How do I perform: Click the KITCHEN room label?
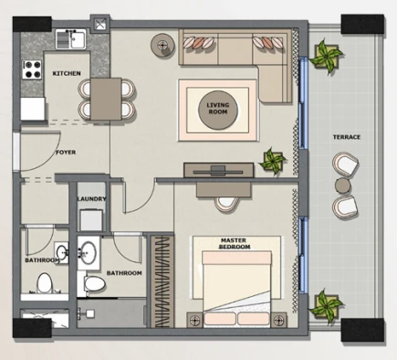tap(67, 73)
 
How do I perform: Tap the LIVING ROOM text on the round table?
tap(218, 109)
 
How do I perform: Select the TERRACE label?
tap(347, 137)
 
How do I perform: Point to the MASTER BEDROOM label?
tap(235, 244)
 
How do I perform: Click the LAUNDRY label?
tap(91, 199)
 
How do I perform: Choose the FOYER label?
tap(66, 153)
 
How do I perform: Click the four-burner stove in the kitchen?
tap(32, 69)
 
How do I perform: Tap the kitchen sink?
tap(71, 39)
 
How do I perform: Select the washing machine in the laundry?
tap(91, 220)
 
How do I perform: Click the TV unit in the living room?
tap(218, 170)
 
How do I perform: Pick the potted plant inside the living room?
tap(273, 161)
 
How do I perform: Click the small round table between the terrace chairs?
tap(343, 185)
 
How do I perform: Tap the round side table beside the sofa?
tap(163, 45)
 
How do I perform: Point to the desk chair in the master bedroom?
tap(225, 204)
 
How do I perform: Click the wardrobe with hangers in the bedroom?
tap(162, 281)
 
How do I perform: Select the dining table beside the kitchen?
tap(106, 99)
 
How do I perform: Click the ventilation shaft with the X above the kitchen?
tap(100, 24)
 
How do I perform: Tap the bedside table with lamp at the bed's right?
tap(278, 320)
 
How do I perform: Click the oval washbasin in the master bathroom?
tap(89, 252)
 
